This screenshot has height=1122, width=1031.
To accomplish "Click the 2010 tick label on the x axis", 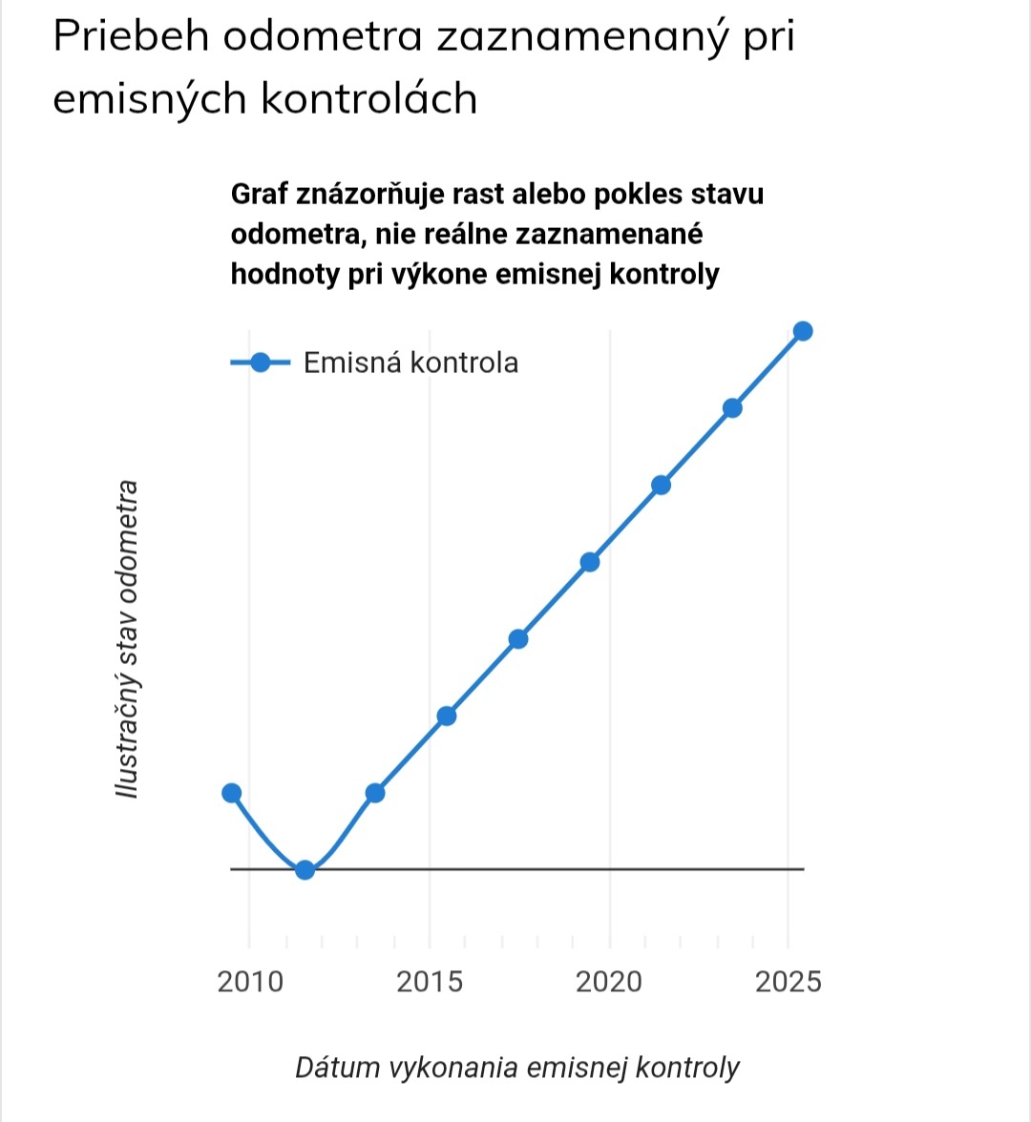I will [250, 982].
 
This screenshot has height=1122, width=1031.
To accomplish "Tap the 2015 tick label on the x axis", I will [430, 982].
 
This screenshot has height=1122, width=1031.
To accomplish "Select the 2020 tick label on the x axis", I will [609, 982].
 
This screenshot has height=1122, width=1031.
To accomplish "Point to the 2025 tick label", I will [788, 982].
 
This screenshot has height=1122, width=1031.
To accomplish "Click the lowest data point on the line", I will [305, 869].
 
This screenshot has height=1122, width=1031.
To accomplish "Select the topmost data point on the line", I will [803, 331].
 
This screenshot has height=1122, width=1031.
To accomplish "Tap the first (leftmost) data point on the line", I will [231, 793].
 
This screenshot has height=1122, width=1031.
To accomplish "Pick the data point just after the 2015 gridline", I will [446, 716].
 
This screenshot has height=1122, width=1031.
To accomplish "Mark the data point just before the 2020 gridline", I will [590, 562].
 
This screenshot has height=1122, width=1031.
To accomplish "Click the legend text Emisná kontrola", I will [410, 363].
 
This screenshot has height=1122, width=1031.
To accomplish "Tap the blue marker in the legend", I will [260, 363].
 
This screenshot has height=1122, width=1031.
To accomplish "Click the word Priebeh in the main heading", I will [133, 38].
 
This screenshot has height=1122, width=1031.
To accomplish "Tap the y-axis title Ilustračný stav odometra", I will [126, 639].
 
